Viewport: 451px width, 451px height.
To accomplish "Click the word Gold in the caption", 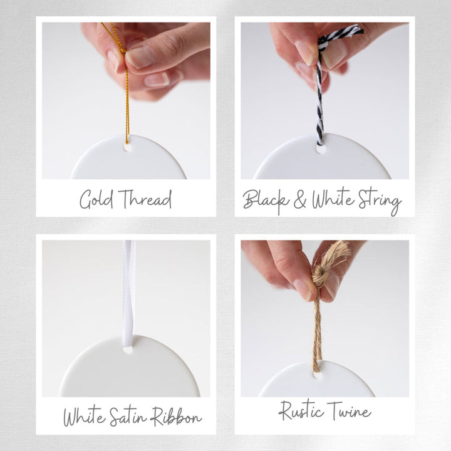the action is (x=96, y=199).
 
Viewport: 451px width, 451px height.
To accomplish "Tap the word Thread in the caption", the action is (x=145, y=199).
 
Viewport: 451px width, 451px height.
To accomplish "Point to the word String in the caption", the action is (x=380, y=201).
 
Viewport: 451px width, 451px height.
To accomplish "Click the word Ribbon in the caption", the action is (x=176, y=417).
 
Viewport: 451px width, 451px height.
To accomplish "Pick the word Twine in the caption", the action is (x=349, y=410).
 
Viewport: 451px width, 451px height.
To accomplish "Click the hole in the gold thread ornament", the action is (x=127, y=148).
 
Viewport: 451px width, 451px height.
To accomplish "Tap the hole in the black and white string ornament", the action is (x=321, y=149).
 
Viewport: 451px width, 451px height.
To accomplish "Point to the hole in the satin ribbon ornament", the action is (x=127, y=350).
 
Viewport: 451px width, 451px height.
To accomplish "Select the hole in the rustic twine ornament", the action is (x=316, y=375).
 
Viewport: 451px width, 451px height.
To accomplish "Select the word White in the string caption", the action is (x=333, y=199).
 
